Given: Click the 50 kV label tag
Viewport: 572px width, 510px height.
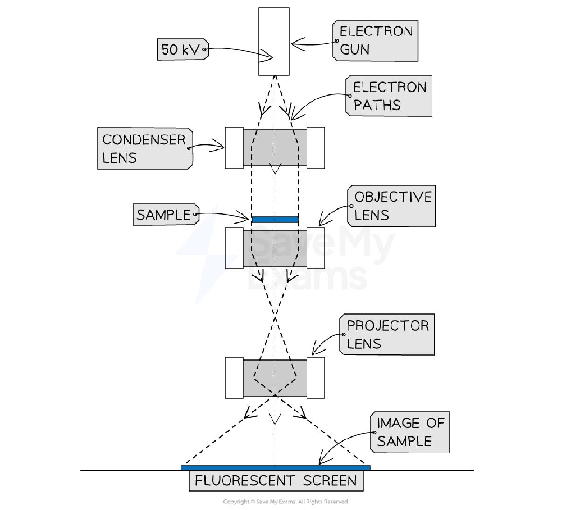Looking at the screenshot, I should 181,49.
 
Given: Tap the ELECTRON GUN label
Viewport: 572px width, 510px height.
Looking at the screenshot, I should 375,40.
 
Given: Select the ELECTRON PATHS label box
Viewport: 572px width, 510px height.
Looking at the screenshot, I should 389,96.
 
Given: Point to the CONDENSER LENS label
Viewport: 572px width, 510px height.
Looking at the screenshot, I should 144,149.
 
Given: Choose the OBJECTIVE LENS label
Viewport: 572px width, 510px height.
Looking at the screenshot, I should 391,206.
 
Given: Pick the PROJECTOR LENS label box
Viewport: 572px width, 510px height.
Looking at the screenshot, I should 387,334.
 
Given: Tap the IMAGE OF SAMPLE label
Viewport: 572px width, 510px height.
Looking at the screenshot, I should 410,432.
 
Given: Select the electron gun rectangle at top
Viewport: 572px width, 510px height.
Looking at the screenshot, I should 274,41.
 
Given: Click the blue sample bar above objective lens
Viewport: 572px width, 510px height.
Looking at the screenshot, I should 275,219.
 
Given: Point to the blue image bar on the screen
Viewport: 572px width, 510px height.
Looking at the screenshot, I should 275,467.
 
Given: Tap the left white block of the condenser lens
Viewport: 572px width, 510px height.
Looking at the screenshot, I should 234,148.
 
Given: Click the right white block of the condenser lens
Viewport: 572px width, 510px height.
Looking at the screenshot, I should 315,148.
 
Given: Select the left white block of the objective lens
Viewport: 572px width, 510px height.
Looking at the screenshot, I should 234,248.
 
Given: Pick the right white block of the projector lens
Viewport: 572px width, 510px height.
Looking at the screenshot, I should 315,378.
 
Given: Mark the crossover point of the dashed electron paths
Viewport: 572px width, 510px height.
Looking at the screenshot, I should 275,317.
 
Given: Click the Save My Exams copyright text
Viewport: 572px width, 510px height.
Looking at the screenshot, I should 285,502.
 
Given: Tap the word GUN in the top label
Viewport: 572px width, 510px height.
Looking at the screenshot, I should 355,49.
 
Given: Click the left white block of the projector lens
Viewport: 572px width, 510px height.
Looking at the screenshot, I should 234,378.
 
